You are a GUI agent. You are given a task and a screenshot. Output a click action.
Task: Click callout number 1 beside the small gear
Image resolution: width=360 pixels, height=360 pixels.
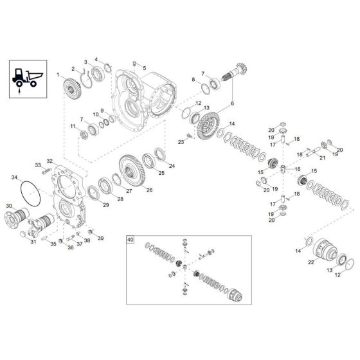pos(57,76)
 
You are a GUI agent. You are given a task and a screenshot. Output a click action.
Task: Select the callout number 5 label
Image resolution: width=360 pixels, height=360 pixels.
pos(144,68)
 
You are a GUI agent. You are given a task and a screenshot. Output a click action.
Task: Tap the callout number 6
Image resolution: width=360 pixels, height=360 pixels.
pos(233,103)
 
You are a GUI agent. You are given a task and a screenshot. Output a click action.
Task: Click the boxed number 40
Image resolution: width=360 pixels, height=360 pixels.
pos(130,239)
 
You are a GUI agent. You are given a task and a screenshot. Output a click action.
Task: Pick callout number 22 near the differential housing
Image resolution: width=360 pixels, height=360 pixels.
pos(310,262)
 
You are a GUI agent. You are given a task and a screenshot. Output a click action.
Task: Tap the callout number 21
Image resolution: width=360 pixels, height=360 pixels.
pos(323,157)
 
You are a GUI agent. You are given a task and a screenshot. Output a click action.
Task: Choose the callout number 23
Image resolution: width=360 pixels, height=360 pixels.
pos(181,142)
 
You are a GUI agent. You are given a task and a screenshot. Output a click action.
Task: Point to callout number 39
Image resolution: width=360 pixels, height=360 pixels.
pos(101,238)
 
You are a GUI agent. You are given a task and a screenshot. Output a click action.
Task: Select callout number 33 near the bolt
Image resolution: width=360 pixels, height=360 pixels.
pos(38,166)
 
